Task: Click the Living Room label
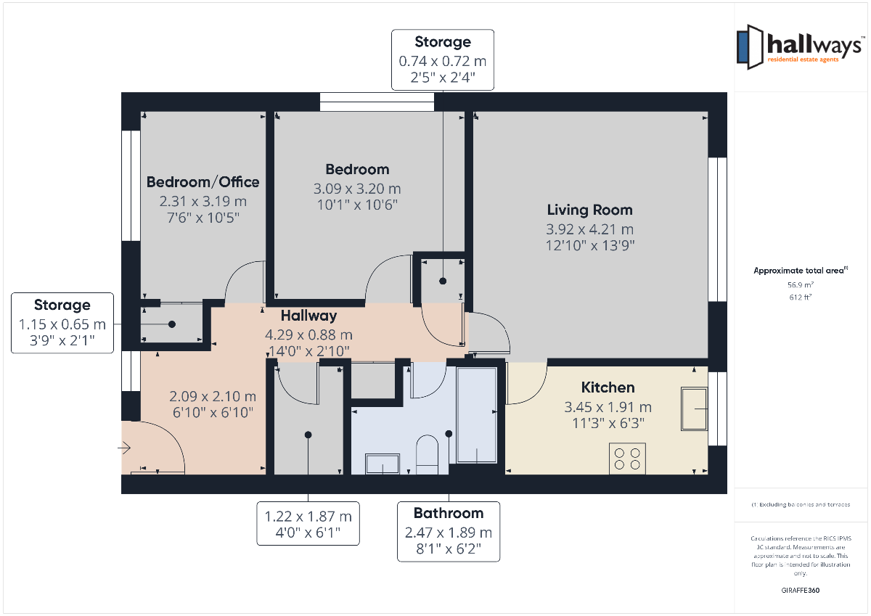click(589, 210)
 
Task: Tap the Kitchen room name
click(608, 387)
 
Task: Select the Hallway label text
click(308, 316)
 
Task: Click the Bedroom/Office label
click(203, 182)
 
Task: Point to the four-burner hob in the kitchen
click(627, 459)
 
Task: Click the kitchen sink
click(694, 408)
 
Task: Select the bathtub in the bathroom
click(477, 415)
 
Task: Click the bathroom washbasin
click(383, 464)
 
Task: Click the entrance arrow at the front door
click(124, 448)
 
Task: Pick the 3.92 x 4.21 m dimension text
click(589, 229)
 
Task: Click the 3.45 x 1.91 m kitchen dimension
click(608, 407)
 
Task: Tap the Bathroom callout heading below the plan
click(449, 513)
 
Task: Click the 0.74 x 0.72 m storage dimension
click(443, 61)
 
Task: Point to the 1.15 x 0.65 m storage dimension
click(62, 324)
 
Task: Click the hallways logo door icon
click(750, 47)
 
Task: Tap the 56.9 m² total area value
click(800, 285)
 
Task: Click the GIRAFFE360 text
click(800, 591)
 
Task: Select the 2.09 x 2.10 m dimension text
click(213, 396)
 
